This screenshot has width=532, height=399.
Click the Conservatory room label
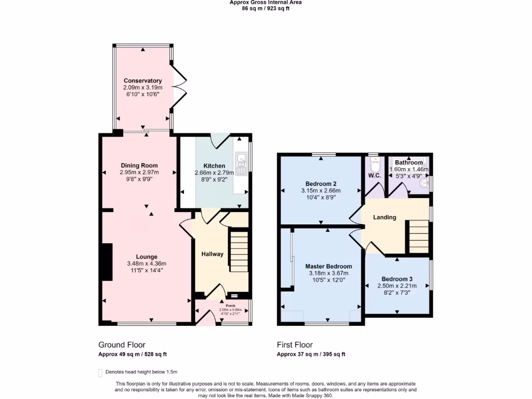pyautogui.click(x=142, y=81)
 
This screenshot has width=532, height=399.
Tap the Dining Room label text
pyautogui.click(x=139, y=166)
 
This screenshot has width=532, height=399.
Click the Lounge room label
pyautogui.click(x=147, y=257)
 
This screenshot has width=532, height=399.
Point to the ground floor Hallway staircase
pyautogui.click(x=239, y=249)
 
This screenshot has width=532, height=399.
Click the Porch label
pyautogui.click(x=223, y=305)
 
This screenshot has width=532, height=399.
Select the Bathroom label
pyautogui.click(x=409, y=163)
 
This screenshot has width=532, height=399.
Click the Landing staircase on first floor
pyautogui.click(x=418, y=236)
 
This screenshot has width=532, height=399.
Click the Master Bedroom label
pyautogui.click(x=328, y=267)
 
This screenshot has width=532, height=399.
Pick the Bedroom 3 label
pyautogui.click(x=397, y=278)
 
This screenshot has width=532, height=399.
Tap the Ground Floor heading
pyautogui.click(x=122, y=344)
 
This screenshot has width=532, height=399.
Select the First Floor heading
pyautogui.click(x=295, y=344)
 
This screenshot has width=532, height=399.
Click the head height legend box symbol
pyautogui.click(x=100, y=372)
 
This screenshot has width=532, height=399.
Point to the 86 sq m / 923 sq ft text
pyautogui.click(x=265, y=8)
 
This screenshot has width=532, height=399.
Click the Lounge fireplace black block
pyautogui.click(x=107, y=262)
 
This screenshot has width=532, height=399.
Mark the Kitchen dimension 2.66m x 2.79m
pyautogui.click(x=214, y=172)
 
